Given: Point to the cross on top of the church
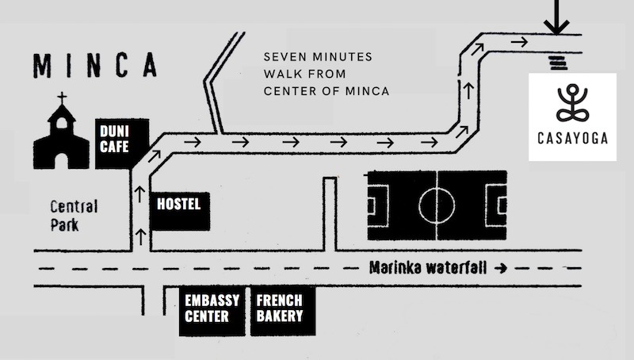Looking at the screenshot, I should [x=60, y=99].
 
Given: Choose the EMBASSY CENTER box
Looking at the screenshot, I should [x=208, y=309].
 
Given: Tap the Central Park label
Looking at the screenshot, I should [x=74, y=215].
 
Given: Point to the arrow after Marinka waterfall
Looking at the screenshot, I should [x=499, y=268].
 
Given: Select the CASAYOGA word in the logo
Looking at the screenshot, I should [x=572, y=139].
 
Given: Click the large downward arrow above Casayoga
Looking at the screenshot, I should [x=556, y=17].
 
